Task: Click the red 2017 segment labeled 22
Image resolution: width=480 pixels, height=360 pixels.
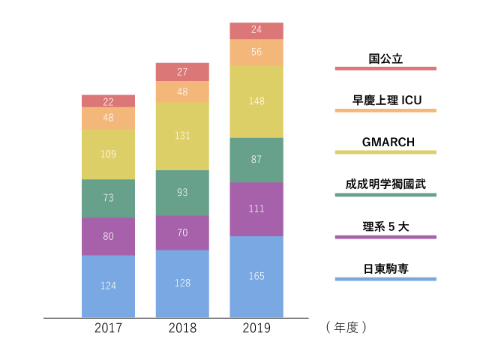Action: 108,101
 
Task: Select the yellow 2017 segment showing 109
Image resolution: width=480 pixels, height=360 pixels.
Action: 108,154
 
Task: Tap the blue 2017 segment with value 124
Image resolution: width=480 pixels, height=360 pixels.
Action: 108,286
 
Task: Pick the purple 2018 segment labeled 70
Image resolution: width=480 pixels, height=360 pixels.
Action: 182,233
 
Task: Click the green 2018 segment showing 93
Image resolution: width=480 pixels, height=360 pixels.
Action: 182,193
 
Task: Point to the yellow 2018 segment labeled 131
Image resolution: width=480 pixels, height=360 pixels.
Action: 182,136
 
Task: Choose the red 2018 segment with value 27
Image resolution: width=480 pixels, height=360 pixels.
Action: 182,72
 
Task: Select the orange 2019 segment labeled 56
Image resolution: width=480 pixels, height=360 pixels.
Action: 256,52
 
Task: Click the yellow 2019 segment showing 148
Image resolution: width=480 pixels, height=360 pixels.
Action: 256,102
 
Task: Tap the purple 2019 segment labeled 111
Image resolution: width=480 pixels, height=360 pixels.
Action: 256,209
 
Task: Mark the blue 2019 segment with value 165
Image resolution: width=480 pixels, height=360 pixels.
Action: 256,277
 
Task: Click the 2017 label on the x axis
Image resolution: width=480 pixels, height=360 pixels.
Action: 108,328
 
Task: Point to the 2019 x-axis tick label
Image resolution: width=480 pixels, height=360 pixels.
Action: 256,328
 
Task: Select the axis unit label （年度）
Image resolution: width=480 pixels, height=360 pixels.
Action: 346,328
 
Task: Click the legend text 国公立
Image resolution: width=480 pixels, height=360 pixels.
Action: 385,58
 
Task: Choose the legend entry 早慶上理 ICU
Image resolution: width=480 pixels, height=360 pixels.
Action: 387,100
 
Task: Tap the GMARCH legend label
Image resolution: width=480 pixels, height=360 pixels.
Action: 388,142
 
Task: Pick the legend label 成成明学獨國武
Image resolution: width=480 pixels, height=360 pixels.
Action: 385,184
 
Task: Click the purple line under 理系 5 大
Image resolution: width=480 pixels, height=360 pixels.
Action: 385,237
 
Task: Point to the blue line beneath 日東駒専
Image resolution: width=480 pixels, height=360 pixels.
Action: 385,279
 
